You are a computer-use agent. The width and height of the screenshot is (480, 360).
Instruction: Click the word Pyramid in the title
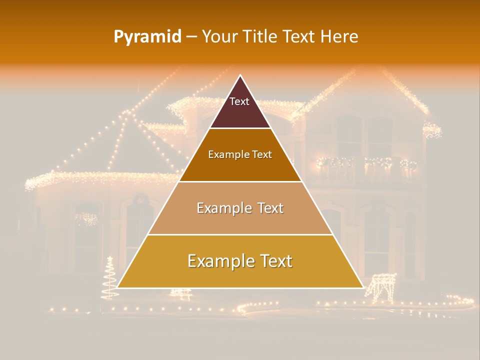click(x=147, y=37)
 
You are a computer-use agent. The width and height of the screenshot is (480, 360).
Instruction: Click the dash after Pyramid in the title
click(x=191, y=37)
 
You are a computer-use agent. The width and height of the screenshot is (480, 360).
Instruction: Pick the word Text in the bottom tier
click(x=274, y=261)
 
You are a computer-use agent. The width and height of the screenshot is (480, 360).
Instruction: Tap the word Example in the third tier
click(x=223, y=208)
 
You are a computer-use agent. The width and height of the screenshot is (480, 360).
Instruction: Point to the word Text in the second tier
click(x=262, y=154)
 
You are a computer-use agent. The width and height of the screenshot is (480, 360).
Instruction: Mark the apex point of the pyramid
click(x=240, y=75)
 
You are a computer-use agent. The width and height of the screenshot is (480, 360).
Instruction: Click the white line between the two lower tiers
click(x=240, y=234)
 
